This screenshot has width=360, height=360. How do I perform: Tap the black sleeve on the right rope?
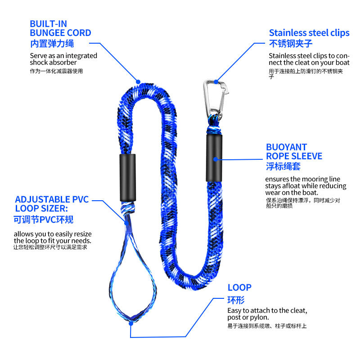215,159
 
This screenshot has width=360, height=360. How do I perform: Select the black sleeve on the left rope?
127,177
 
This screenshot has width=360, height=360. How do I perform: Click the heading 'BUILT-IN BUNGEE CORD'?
60,28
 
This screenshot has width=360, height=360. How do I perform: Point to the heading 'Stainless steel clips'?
309,33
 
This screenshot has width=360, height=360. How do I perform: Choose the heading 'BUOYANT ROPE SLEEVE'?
294,152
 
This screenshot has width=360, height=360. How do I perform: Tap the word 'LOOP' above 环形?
239,288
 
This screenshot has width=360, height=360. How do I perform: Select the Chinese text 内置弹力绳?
52,44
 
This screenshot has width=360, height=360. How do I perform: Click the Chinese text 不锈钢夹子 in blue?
290,44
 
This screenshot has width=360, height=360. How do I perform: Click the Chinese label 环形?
236,300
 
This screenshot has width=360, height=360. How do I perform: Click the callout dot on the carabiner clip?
216,82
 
